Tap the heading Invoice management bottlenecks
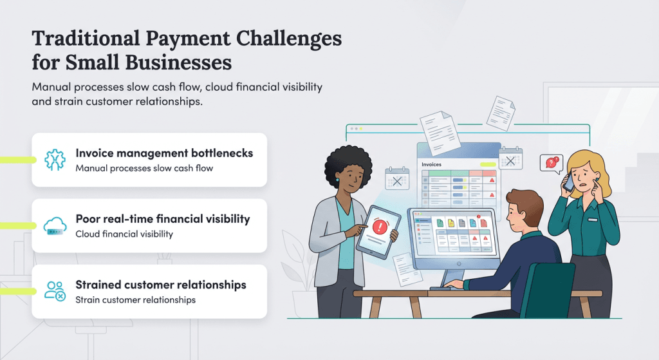click(164, 153)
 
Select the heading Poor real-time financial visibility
click(163, 219)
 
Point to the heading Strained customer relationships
click(161, 285)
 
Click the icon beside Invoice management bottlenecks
click(55, 160)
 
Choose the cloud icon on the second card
click(55, 225)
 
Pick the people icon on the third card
click(55, 291)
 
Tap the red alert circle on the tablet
click(381, 227)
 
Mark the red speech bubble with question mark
click(550, 163)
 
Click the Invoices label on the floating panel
click(431, 165)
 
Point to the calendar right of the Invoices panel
click(510, 159)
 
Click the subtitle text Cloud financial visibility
click(124, 234)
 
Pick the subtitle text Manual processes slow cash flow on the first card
click(144, 169)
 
